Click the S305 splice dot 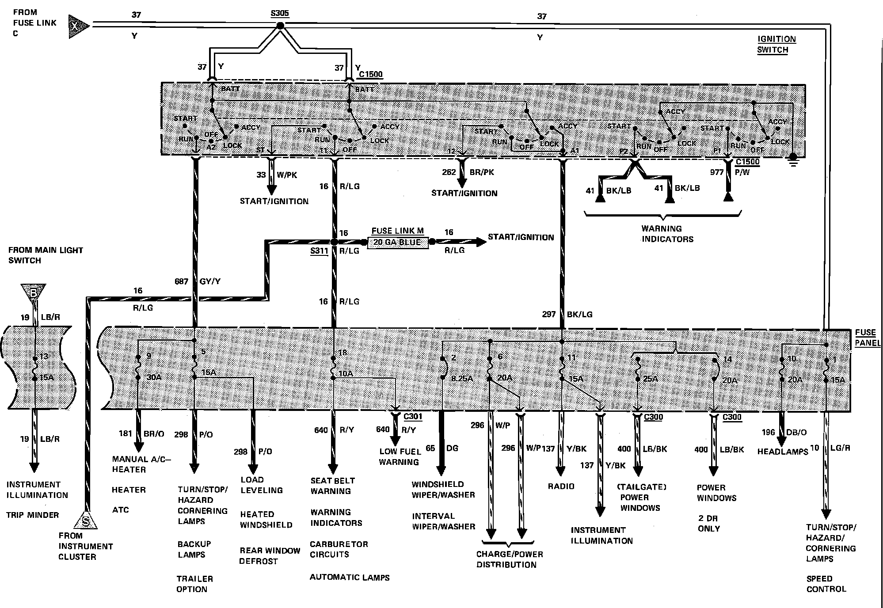(x=280, y=26)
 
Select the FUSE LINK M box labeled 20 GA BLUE (x=397, y=242)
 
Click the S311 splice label (x=319, y=251)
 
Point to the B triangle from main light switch (x=33, y=292)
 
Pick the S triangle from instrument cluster (x=86, y=521)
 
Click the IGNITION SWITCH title (x=776, y=44)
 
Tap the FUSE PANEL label (x=866, y=338)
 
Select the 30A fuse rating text (x=154, y=378)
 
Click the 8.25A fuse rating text (x=462, y=378)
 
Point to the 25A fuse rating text (x=650, y=379)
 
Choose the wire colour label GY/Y (x=210, y=281)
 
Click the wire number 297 (x=549, y=314)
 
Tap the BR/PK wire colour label (x=482, y=172)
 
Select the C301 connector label (x=413, y=416)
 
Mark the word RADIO (x=561, y=486)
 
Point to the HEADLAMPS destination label (x=783, y=452)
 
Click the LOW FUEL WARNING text (x=399, y=456)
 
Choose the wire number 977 (x=717, y=172)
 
